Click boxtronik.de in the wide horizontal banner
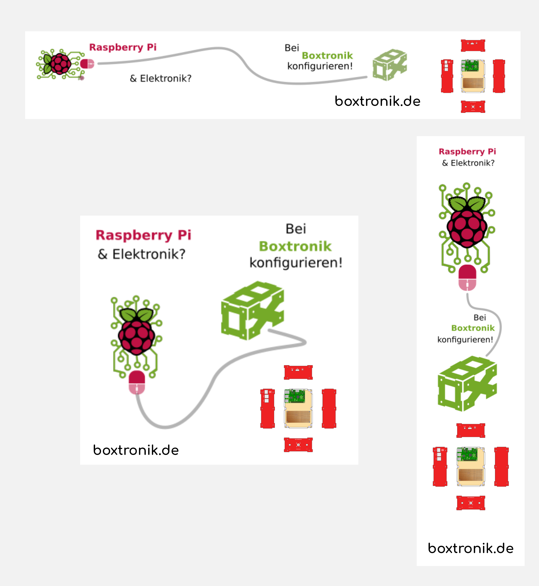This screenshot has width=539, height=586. pos(377,101)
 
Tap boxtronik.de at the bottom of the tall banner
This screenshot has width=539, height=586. pos(471,548)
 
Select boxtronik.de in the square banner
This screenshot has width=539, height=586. pos(136,450)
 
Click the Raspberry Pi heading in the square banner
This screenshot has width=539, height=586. pos(143,235)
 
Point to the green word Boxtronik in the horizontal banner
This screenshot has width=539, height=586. pos(327,55)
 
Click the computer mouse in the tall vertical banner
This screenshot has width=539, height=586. pos(467,278)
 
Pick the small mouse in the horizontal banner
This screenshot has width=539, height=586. pos(87,64)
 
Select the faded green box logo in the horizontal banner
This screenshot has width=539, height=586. pos(390,65)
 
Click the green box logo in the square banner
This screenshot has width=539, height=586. pos(252,311)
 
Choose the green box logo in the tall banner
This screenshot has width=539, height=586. pos(467,384)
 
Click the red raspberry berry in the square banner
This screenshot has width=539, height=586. pos(136,337)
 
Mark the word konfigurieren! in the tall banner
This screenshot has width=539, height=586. pos(465,339)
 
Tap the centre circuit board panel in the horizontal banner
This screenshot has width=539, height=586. pos(473,76)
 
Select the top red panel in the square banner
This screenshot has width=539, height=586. pos(298,372)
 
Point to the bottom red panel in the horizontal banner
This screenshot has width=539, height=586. pos(473,107)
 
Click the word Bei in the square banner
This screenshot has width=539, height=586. pos(296,229)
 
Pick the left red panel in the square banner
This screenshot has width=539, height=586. pos(268,408)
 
